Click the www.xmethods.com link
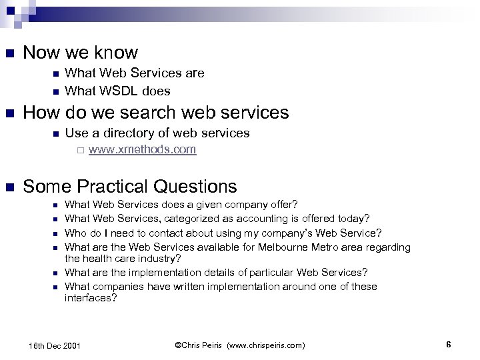[141, 149]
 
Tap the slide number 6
[449, 345]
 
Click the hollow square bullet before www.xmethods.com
[79, 150]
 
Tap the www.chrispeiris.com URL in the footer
[264, 345]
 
